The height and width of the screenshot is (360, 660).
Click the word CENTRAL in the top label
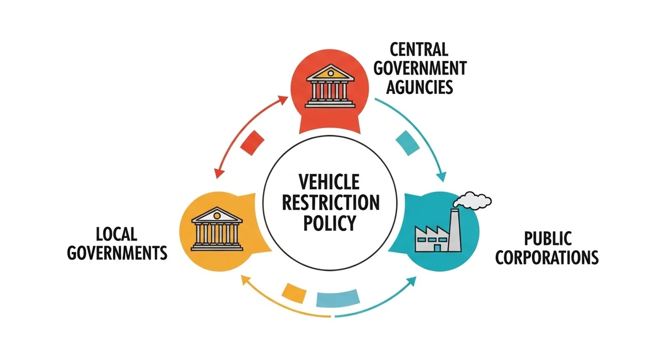click(419, 50)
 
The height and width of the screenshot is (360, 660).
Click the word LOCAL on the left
click(117, 235)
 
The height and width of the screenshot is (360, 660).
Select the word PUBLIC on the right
click(548, 238)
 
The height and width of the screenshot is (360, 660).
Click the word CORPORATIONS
click(547, 257)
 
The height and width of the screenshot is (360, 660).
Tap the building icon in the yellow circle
click(217, 229)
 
